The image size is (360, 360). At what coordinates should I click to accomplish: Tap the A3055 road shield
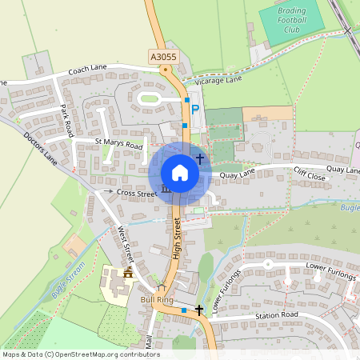(x=162, y=56)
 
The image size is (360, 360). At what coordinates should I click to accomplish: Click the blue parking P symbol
(x=194, y=109)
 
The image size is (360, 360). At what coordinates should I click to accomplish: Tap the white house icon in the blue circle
(x=180, y=173)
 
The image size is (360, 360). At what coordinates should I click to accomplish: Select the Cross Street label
(x=137, y=193)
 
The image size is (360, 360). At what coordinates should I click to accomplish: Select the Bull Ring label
(x=157, y=299)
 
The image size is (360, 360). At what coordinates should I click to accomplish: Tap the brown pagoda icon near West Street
(x=128, y=273)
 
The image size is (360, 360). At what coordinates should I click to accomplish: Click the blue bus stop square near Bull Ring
(x=184, y=310)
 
